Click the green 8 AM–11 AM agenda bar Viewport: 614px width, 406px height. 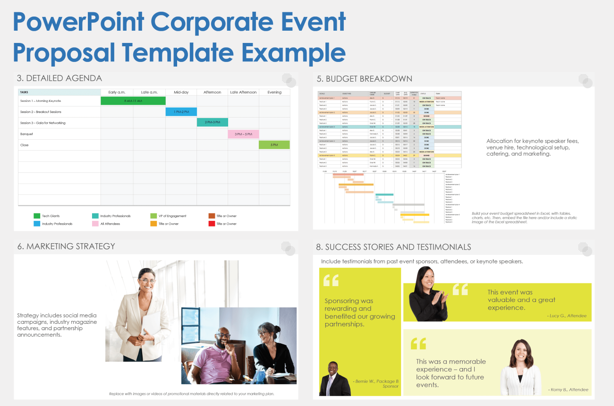click(x=133, y=101)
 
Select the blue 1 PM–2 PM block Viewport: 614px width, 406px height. click(x=181, y=112)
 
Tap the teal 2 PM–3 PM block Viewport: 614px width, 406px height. click(x=212, y=123)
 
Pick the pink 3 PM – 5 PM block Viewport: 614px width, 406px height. click(x=243, y=134)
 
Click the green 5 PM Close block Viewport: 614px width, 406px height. click(x=274, y=145)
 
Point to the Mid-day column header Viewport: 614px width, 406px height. click(x=181, y=92)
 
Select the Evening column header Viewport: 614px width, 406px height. click(x=274, y=92)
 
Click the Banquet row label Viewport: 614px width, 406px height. click(x=27, y=134)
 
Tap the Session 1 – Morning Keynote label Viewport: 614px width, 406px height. click(x=41, y=101)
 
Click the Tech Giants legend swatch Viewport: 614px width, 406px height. click(x=37, y=216)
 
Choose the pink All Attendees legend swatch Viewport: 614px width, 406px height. click(x=95, y=224)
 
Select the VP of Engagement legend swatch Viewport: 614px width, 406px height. click(x=153, y=216)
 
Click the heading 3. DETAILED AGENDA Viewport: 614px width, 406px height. click(x=60, y=78)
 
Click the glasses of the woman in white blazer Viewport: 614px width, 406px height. click(x=147, y=281)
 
